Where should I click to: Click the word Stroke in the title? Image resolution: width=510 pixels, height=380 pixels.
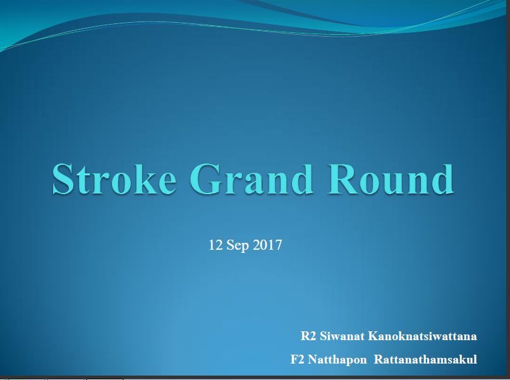point(114,180)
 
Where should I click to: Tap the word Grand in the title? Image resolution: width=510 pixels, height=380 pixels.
point(252,180)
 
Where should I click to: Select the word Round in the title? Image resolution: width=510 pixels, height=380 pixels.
point(391,180)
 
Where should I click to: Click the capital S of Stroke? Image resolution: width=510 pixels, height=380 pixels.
point(63,180)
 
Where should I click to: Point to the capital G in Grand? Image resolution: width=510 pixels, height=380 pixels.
point(204,180)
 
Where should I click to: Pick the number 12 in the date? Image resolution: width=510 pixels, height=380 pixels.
point(216,245)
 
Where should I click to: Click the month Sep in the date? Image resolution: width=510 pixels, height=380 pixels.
point(238,245)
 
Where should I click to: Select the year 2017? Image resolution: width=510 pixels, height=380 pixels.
point(267,245)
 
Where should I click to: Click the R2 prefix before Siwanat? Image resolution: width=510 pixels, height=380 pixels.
point(308,336)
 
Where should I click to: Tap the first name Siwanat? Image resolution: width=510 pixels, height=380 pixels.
point(342,336)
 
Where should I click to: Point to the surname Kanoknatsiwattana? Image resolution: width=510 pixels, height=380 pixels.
point(423,336)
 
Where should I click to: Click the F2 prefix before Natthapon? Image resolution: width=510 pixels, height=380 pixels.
point(297,359)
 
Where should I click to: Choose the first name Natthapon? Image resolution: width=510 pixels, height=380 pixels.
point(337,360)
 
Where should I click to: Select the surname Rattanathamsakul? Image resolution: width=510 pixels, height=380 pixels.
point(425,359)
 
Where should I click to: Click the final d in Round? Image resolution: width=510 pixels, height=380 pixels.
point(442,180)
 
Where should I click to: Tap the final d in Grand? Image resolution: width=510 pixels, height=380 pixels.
point(303,180)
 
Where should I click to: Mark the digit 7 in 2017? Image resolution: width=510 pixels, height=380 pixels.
point(279,245)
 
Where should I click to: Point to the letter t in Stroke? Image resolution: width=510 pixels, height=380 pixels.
point(83,181)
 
